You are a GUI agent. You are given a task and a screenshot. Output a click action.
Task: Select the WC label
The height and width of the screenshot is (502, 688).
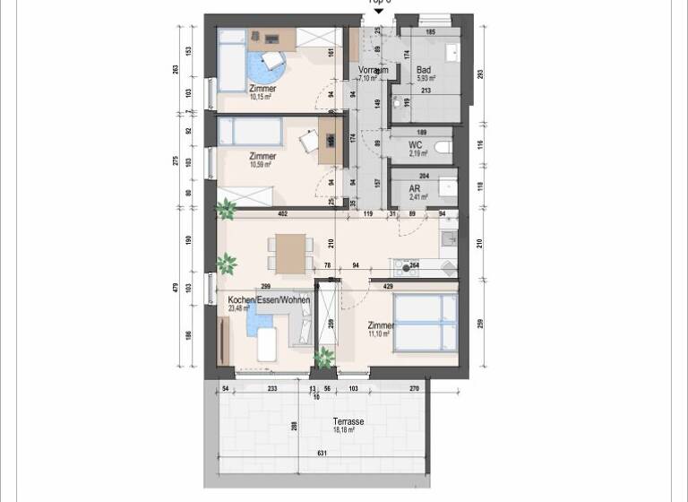pos(415,144)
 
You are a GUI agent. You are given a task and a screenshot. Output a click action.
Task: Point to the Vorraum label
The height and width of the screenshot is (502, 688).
pos(372,70)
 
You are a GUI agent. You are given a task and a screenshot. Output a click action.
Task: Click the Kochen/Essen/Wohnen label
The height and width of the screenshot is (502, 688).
pos(269,300)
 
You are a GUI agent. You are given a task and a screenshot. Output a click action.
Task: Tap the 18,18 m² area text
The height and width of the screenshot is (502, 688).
pos(345,430)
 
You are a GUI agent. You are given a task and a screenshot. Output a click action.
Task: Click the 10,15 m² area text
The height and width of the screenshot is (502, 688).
pos(262,98)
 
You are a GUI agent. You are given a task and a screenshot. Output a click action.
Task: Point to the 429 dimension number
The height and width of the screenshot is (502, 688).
pos(387,285)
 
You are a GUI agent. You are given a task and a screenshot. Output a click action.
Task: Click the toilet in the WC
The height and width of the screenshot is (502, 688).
pos(442,147)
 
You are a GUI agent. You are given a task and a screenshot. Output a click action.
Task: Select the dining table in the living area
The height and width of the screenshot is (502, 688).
pos(290,252)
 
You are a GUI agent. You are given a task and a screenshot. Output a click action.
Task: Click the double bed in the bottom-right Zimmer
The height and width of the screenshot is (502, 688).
pos(426,320)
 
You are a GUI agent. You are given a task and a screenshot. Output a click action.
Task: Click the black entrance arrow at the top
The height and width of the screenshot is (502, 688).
pos(378,10)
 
